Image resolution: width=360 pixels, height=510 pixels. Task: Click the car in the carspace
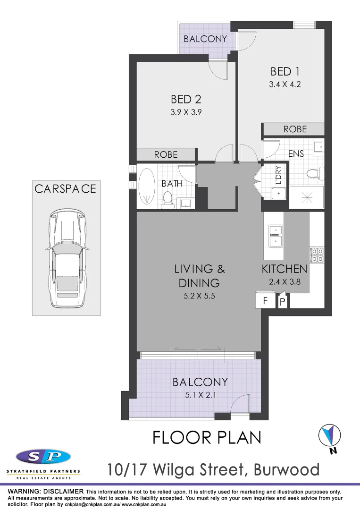(67, 257)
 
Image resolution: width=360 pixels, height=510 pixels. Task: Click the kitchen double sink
(275, 236)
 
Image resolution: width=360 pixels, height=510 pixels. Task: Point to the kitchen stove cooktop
(316, 255)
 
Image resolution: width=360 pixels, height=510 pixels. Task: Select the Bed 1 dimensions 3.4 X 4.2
(285, 85)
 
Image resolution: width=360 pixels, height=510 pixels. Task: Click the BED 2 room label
(186, 99)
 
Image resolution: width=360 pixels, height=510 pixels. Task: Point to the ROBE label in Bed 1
(295, 129)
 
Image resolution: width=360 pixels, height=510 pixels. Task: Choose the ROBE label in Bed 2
(166, 154)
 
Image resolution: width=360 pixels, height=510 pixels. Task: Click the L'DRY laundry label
(278, 174)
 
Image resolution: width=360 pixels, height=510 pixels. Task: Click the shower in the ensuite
(306, 197)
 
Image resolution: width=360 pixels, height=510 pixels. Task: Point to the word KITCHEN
(285, 269)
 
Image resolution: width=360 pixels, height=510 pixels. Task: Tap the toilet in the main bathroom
(166, 201)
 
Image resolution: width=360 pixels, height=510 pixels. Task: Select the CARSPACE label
(65, 189)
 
